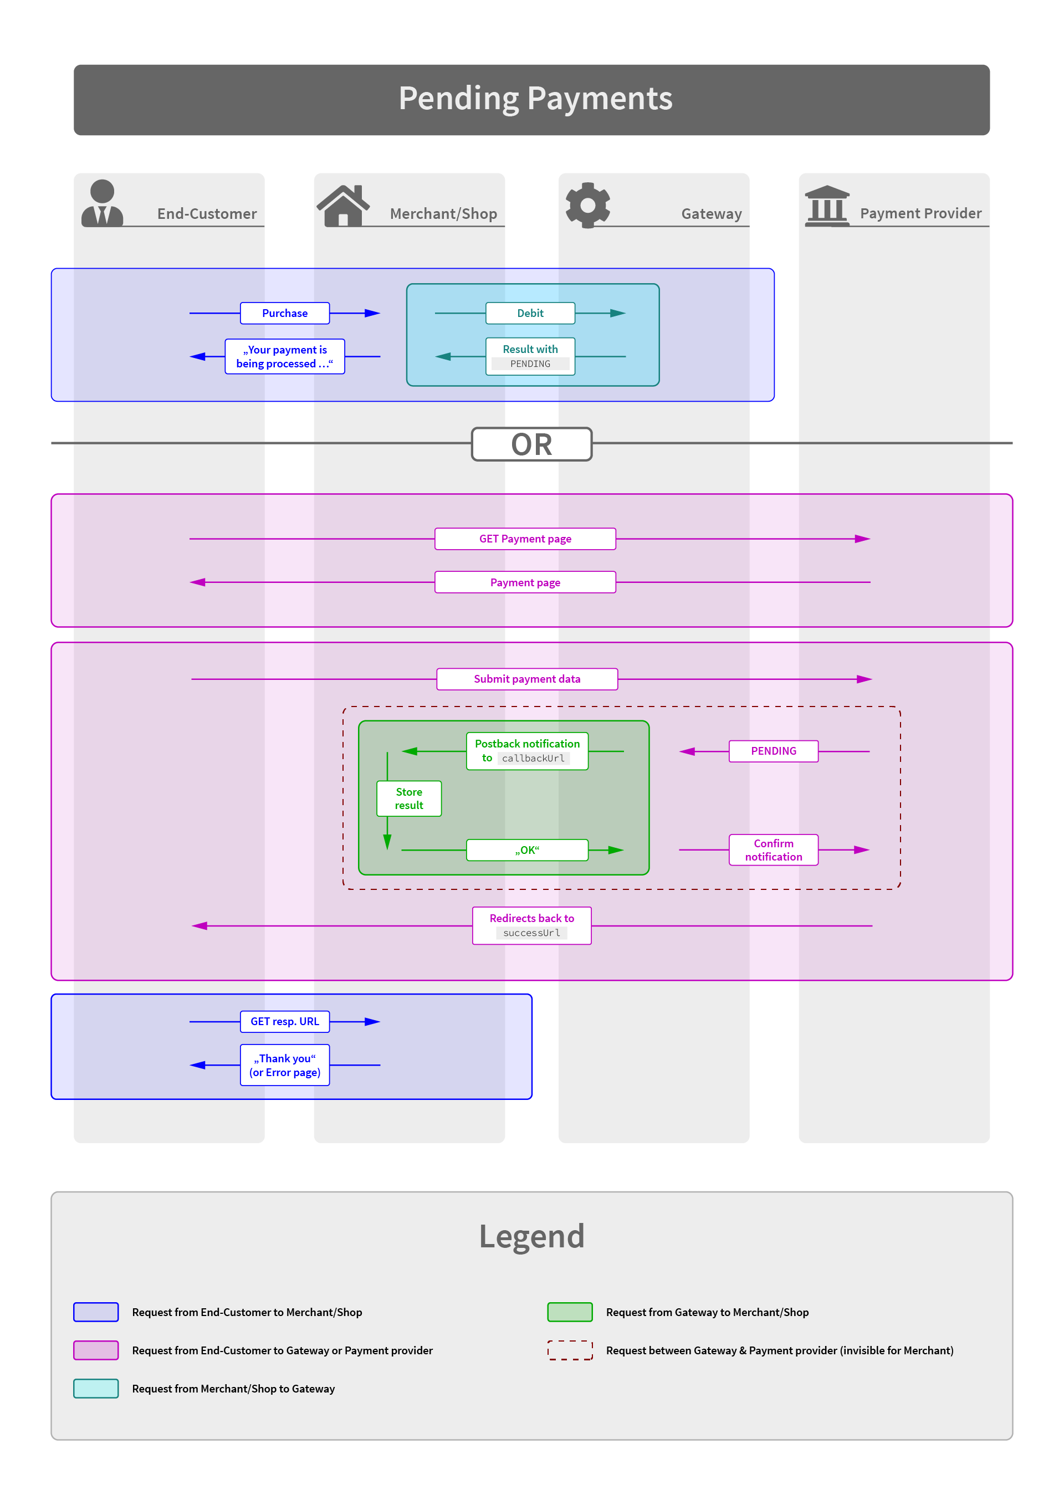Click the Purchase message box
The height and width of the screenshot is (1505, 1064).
click(284, 313)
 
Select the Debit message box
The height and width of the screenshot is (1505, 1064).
click(530, 313)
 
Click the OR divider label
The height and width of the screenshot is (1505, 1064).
click(531, 444)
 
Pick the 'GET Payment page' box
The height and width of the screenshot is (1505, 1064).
click(525, 539)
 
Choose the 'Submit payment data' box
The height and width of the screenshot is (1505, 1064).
click(527, 679)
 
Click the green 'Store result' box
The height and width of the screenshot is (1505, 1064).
click(409, 798)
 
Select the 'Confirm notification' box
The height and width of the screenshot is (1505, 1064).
click(774, 850)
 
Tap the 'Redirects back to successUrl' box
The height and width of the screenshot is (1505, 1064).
click(531, 925)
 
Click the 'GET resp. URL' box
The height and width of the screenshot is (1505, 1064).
click(284, 1021)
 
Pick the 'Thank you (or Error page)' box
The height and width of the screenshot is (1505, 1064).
click(284, 1065)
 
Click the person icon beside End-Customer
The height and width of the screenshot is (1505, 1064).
click(103, 203)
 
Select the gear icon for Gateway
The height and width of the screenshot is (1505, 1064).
click(588, 205)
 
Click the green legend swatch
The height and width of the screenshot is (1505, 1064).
click(570, 1312)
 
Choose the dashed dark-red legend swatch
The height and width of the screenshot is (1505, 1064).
click(570, 1350)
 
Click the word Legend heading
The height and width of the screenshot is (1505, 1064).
click(531, 1237)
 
